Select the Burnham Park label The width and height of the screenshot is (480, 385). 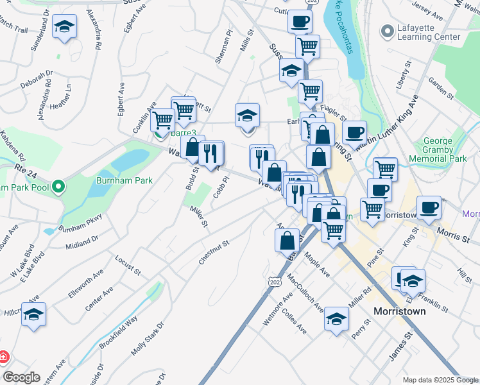click(124, 180)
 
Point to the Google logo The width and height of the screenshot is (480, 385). click(21, 377)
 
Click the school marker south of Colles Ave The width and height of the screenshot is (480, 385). click(336, 319)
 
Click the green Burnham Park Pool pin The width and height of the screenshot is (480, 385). click(58, 187)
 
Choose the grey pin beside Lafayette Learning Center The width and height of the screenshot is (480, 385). click(387, 31)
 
